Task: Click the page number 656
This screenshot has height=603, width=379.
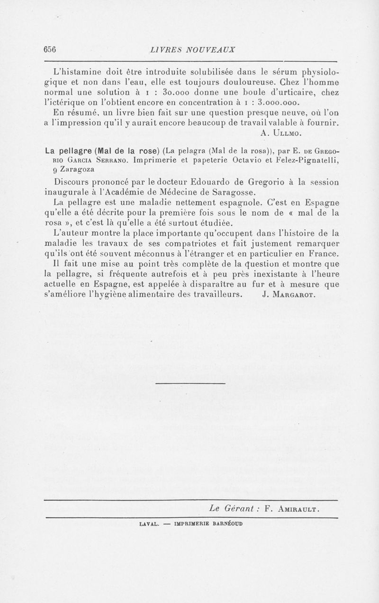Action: coord(50,50)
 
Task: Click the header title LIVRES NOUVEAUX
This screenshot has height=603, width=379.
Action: coord(192,50)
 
